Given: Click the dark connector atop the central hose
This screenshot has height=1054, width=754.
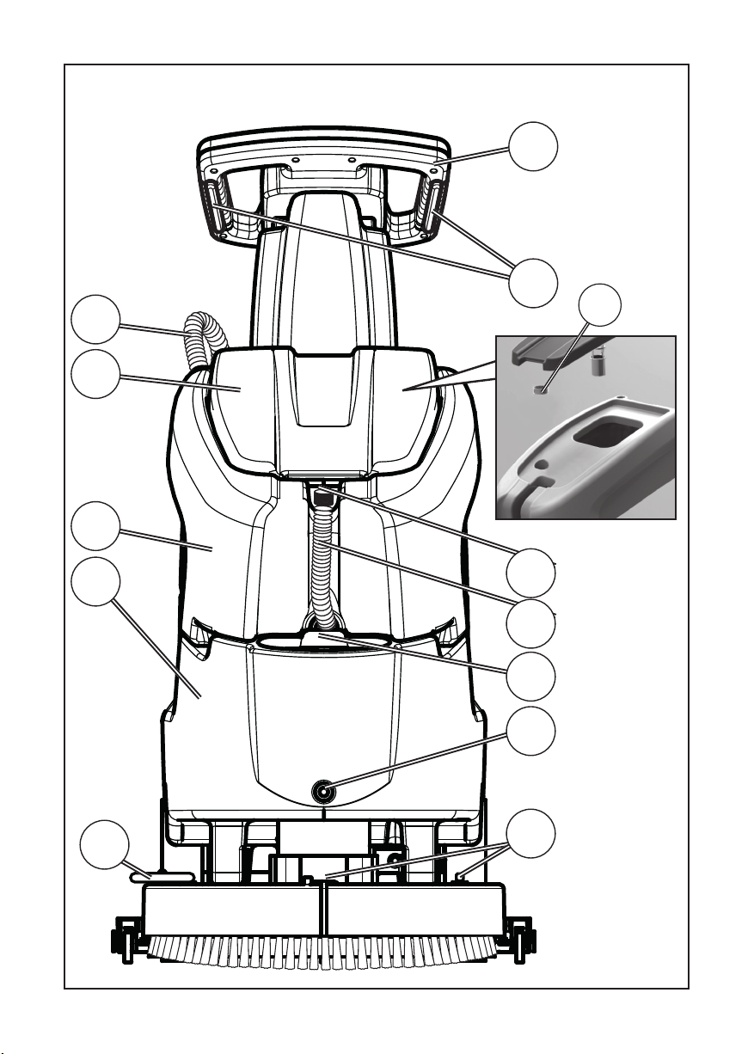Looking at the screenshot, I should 323,497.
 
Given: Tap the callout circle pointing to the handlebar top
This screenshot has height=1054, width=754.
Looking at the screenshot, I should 531,147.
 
